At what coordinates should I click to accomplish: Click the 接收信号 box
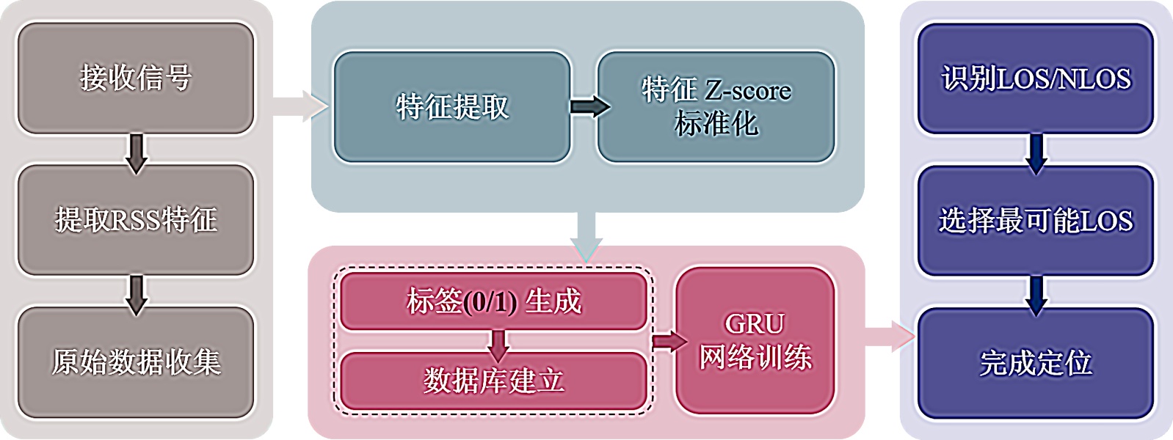tap(136, 78)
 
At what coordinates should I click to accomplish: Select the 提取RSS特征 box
tap(136, 220)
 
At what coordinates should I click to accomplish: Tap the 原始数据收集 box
tap(136, 362)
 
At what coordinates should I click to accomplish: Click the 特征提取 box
tap(452, 107)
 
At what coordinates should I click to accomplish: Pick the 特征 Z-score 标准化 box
tap(716, 107)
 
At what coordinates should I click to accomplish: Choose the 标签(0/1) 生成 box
tap(493, 301)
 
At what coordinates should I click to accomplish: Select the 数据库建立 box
tap(493, 381)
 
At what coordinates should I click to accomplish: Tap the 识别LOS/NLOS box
tap(1036, 78)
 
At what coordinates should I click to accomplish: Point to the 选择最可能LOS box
tap(1036, 221)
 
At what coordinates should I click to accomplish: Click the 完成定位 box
tap(1036, 363)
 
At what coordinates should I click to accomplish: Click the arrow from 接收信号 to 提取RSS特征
tap(137, 152)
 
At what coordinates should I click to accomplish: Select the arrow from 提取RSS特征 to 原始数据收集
tap(137, 293)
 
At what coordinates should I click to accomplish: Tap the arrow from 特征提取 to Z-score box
tap(589, 107)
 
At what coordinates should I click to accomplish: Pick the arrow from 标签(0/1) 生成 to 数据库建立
tap(499, 343)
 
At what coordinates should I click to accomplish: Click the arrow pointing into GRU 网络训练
tap(668, 341)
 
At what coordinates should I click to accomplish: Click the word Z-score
tap(748, 91)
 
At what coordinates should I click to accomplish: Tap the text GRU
tap(755, 324)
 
